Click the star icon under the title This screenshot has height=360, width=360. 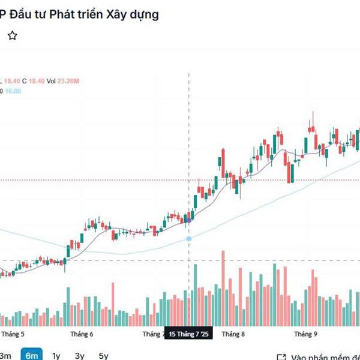[x=12, y=36]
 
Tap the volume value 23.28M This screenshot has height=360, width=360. [x=68, y=81]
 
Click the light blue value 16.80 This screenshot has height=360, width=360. [x=13, y=91]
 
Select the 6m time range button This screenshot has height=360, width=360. [x=31, y=355]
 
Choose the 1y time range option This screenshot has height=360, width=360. [x=56, y=355]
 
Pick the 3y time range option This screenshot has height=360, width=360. [x=80, y=355]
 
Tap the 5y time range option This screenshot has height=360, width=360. [x=103, y=355]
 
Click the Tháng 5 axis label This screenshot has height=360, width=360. [x=13, y=334]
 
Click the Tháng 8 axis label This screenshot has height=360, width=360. [x=233, y=334]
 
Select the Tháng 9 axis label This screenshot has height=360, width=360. [x=305, y=334]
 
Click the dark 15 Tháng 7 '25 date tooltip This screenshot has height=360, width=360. [x=188, y=334]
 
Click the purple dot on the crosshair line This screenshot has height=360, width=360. [x=189, y=220]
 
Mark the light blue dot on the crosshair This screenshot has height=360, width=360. [x=189, y=239]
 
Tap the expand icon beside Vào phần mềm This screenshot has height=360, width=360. [x=281, y=356]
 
